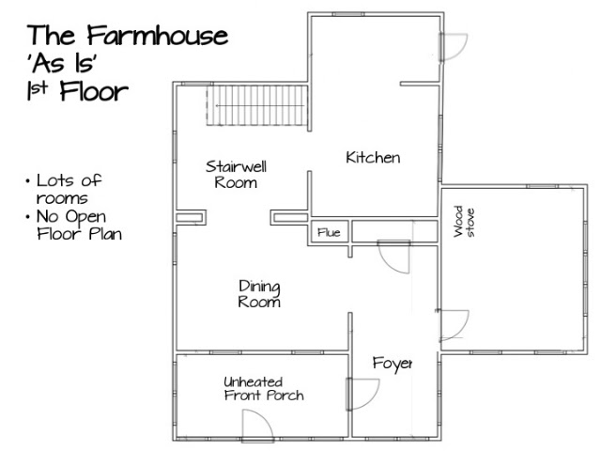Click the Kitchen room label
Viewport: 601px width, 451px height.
tap(373, 157)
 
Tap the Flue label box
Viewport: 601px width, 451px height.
tap(330, 232)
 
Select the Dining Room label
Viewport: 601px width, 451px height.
tap(259, 294)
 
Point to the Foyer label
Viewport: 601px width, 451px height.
tap(393, 363)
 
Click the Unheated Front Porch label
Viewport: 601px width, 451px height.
tap(264, 388)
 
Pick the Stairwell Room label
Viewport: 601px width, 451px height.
tap(236, 174)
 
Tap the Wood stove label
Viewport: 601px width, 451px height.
tap(464, 222)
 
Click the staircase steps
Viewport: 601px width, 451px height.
tap(257, 105)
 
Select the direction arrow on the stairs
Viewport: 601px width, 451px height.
tap(260, 105)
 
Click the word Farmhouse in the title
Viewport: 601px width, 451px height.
tap(158, 36)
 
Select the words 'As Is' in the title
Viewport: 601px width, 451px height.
tap(61, 63)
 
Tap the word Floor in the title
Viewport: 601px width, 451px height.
tap(94, 91)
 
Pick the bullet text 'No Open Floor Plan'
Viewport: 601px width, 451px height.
tap(74, 225)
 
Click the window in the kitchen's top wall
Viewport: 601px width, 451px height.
tap(348, 14)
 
